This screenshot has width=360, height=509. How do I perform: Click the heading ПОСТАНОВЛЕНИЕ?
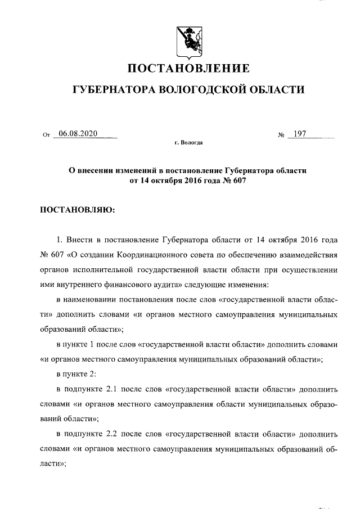click(x=188, y=69)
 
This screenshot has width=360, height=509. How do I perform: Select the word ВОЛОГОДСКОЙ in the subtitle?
click(x=201, y=89)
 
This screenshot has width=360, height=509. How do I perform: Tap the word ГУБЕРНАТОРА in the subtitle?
click(x=111, y=89)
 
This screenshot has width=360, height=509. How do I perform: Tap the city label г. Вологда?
click(x=188, y=143)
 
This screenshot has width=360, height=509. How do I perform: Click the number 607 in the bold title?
click(x=240, y=181)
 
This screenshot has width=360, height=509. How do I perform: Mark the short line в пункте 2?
click(x=78, y=373)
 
